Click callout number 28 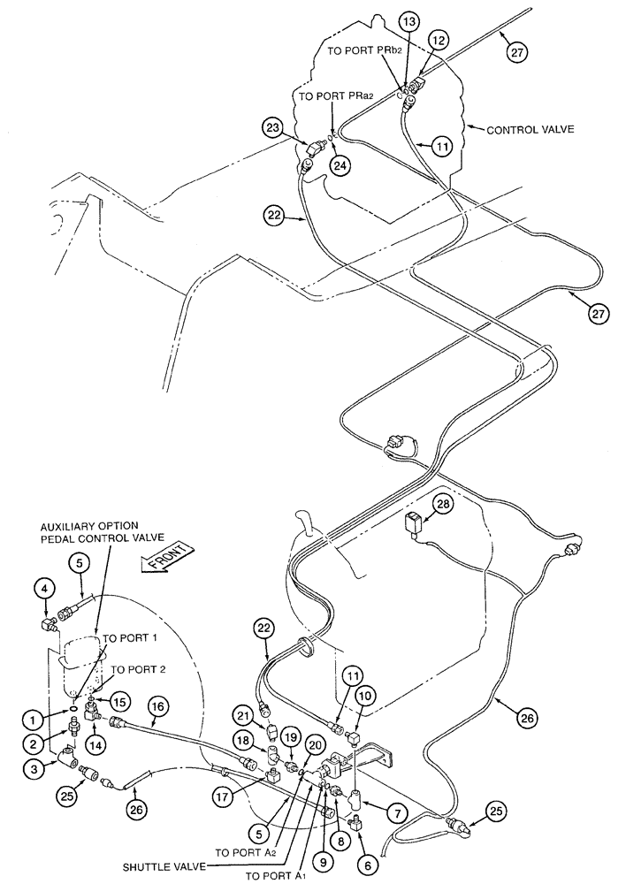pyautogui.click(x=442, y=504)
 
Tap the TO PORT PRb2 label pyautogui.click(x=364, y=51)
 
